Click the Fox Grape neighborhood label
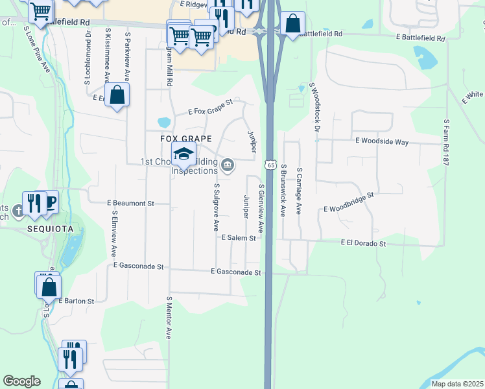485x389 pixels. click(187, 139)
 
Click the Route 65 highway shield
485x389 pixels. click(270, 166)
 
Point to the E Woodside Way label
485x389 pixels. click(381, 141)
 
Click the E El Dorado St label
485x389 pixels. click(363, 243)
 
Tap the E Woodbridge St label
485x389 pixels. click(349, 202)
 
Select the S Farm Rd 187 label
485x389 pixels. click(446, 142)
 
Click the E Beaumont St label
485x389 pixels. click(130, 203)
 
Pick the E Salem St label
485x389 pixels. click(239, 238)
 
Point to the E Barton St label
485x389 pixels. click(77, 301)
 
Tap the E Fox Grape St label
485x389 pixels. click(210, 108)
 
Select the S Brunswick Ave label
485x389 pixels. click(283, 190)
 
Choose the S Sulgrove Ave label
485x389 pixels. click(216, 207)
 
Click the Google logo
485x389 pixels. click(21, 381)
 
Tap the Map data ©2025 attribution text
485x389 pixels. click(456, 384)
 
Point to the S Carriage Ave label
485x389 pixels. click(300, 191)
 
